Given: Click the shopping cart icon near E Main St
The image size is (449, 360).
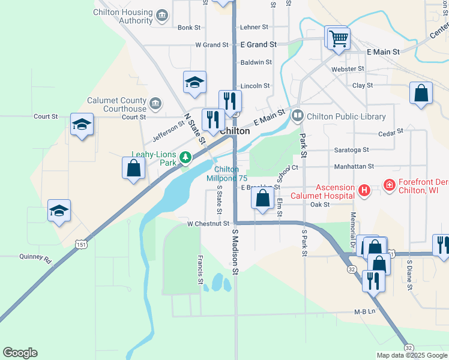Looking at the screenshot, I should (x=338, y=39).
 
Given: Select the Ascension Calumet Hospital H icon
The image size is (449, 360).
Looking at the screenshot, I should (x=363, y=191).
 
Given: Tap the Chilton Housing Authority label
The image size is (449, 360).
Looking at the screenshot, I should (x=123, y=16).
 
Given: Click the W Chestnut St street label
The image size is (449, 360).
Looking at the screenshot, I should (x=208, y=224).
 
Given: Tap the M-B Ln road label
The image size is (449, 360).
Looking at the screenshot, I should (x=364, y=311).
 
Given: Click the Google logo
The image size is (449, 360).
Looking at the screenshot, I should (x=20, y=353).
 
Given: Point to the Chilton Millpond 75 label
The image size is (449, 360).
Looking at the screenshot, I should (x=227, y=174).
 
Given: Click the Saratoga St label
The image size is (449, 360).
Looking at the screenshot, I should (x=348, y=150).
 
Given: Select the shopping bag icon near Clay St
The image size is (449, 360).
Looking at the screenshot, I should (x=421, y=94).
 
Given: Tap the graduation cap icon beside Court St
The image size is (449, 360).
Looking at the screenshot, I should (x=82, y=125).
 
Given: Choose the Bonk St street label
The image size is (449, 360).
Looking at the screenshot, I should (x=188, y=28).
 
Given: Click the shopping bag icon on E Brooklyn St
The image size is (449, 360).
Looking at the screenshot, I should (x=263, y=199).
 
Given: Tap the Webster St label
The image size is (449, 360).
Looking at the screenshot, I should (x=344, y=69).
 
